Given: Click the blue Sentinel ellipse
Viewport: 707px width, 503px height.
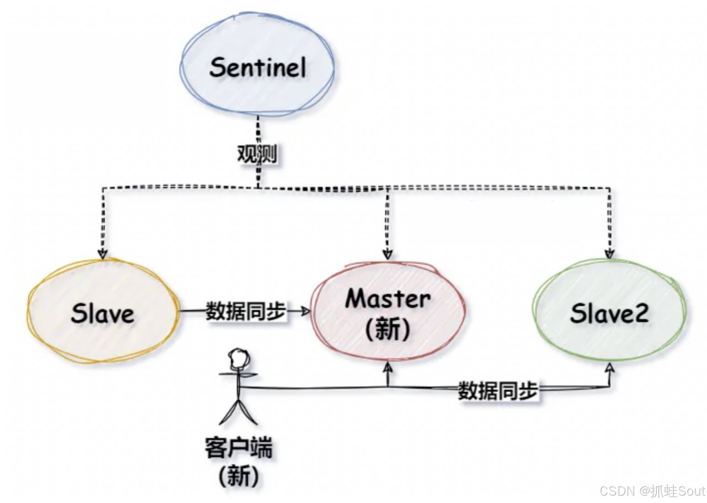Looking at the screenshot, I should click(257, 67).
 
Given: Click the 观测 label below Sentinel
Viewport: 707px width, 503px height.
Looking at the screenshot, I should click(257, 154).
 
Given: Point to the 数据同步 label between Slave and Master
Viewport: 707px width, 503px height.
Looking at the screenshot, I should click(246, 311).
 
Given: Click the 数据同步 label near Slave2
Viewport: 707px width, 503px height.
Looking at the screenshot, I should click(498, 391).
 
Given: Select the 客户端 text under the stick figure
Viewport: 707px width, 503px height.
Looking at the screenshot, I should click(238, 447).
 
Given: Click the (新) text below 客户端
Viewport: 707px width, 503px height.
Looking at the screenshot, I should click(238, 476).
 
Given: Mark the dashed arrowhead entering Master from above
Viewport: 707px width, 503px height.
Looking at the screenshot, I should click(388, 254).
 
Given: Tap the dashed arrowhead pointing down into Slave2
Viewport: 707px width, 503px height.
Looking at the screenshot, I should click(609, 254).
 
